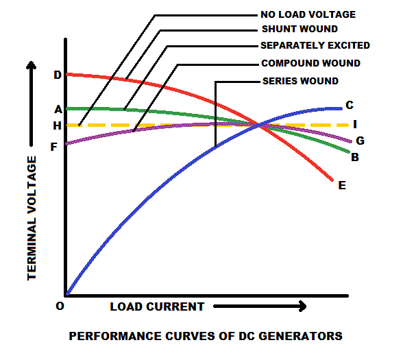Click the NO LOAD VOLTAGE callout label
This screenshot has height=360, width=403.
pos(308,14)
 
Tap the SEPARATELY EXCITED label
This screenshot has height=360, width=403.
pos(315,46)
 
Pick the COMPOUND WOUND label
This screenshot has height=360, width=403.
pos(310,63)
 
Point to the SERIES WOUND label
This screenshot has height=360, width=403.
pos(300,81)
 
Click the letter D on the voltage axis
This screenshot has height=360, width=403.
pos(57,74)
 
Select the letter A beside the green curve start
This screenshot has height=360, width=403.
pos(58,110)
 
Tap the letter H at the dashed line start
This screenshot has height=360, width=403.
pos(57,125)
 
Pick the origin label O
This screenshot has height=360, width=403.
pos(60,307)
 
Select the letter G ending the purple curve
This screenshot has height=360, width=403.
pos(358,141)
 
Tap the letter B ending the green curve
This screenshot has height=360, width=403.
pos(355,157)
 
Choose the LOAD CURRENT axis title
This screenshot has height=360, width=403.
pos(157,307)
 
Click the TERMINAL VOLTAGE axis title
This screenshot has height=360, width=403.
pos(32,217)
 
